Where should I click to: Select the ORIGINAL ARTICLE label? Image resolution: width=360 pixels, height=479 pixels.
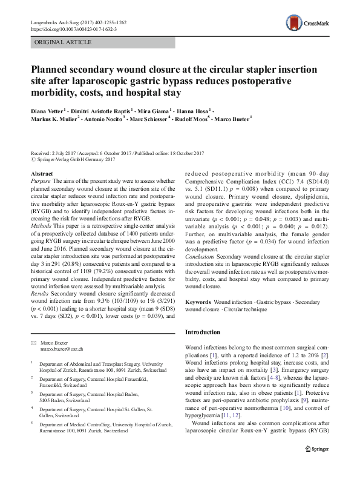64,42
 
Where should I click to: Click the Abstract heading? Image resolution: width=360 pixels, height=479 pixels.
41,174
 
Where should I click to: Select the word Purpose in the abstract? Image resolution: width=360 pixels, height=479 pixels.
41,181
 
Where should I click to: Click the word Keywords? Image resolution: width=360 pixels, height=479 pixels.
198,301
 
